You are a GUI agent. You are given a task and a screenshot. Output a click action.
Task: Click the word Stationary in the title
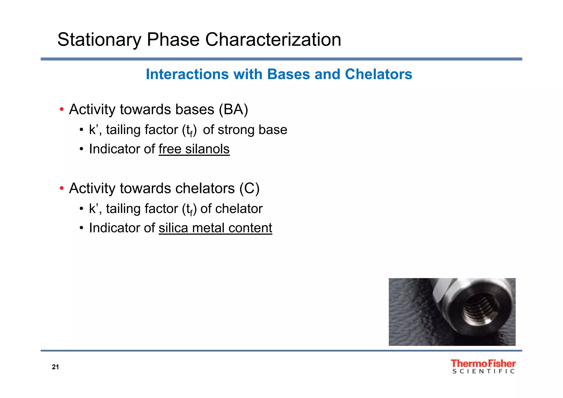(x=99, y=40)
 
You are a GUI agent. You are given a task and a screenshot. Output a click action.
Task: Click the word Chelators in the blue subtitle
(x=378, y=74)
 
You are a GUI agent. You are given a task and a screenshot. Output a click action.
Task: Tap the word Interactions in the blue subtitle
(x=187, y=74)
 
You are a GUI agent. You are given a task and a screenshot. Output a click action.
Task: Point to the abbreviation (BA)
(x=233, y=109)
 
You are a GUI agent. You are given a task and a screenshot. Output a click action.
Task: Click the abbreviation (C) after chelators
(x=249, y=189)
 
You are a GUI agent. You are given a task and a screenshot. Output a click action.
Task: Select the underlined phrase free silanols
(x=194, y=149)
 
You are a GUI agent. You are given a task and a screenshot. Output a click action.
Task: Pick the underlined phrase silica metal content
(x=215, y=228)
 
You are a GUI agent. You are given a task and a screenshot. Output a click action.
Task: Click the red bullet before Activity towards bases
(x=62, y=110)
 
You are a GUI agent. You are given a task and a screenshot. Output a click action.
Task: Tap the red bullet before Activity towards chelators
(x=62, y=189)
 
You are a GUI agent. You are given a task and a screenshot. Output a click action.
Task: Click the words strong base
(x=252, y=130)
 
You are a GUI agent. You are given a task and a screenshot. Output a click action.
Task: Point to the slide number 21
(x=55, y=367)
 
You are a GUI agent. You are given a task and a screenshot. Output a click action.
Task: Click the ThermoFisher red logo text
(x=483, y=363)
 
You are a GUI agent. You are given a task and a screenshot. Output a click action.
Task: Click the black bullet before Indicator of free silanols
(x=81, y=149)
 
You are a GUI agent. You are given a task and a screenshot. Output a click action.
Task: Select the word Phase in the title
(x=173, y=40)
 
